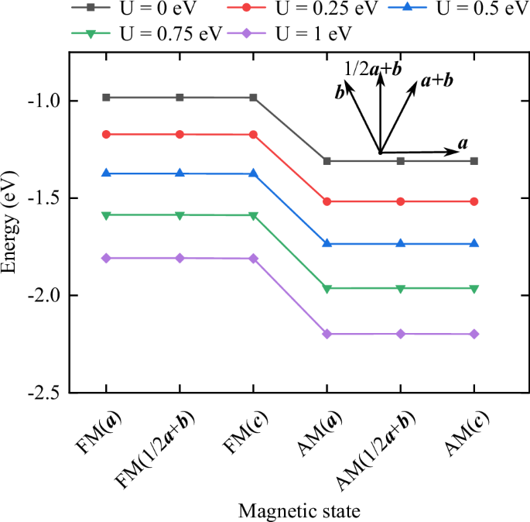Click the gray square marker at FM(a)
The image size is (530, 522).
[x=106, y=98]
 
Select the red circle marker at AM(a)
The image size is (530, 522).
[x=327, y=201]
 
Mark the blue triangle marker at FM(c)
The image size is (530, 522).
[x=253, y=173]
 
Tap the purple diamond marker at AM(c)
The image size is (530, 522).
[x=474, y=334]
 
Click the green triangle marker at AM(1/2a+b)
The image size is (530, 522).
[x=401, y=288]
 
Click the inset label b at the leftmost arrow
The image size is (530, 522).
[x=339, y=93]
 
